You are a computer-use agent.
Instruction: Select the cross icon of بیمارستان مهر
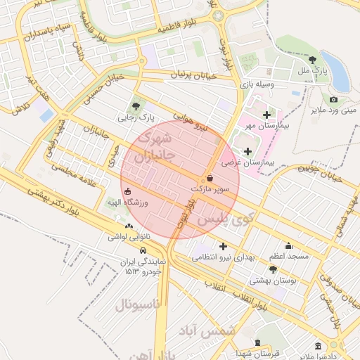click(266, 114)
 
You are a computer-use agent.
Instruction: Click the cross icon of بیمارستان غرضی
click(247, 151)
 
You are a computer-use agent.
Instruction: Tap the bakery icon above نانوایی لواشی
click(128, 226)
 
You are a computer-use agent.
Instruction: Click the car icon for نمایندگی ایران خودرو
click(143, 250)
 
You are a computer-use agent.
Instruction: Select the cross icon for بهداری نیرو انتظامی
click(224, 246)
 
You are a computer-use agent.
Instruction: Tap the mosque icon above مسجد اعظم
click(288, 246)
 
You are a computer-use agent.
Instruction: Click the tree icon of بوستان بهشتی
click(273, 269)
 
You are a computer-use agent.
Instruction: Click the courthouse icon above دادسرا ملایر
click(318, 347)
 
